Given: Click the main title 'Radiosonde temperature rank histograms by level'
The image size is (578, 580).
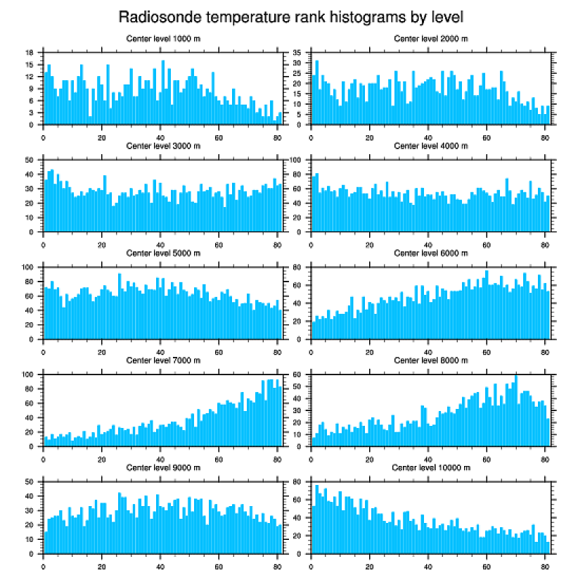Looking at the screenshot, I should (290, 15).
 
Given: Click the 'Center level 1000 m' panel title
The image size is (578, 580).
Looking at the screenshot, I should (162, 38).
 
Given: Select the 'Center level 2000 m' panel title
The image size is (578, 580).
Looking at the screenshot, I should (430, 38).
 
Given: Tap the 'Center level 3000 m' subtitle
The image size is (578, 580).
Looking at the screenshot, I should (162, 146).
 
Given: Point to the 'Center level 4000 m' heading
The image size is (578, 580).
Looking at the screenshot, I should (430, 146).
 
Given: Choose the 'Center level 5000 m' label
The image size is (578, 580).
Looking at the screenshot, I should (162, 253).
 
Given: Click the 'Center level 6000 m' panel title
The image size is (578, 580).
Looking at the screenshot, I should (430, 253).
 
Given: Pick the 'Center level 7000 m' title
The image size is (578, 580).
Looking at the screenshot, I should (162, 360).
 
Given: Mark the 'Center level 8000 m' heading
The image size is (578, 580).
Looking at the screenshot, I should (430, 360).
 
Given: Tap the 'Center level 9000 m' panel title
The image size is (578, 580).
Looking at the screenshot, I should (162, 467).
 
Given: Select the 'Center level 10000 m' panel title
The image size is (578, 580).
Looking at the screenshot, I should (430, 467).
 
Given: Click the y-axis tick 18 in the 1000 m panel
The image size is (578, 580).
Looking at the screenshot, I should (30, 53).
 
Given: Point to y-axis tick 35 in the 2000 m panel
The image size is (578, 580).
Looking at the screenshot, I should (297, 53).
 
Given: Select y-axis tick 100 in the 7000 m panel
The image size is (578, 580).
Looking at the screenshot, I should (29, 374).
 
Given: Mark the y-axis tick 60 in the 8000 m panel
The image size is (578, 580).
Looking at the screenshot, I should (297, 374).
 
